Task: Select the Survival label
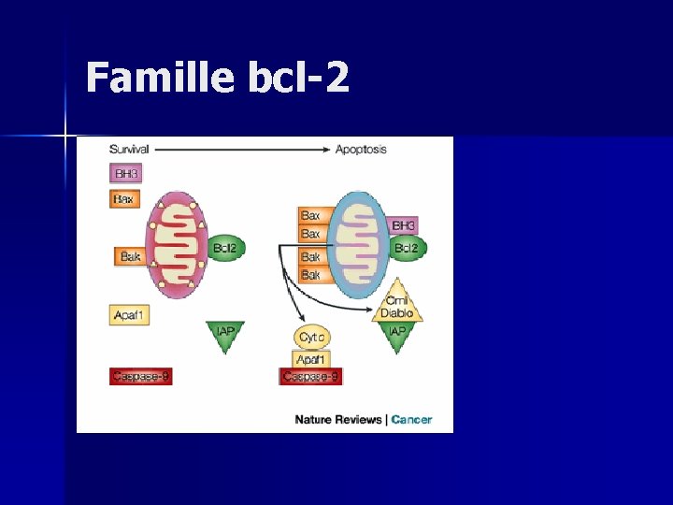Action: click(129, 150)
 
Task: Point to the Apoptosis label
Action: click(361, 150)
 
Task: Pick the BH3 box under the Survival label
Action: click(125, 174)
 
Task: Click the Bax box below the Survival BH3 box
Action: click(124, 198)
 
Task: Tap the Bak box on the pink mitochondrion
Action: click(130, 255)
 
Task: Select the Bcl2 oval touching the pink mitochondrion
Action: click(224, 248)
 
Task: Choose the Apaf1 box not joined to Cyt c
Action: click(129, 315)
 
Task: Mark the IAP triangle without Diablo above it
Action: click(225, 334)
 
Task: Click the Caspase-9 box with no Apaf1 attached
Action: click(140, 377)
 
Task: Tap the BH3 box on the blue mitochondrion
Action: click(404, 225)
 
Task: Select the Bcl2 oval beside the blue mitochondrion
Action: click(407, 248)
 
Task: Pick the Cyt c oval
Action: click(311, 338)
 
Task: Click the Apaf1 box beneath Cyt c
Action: click(311, 358)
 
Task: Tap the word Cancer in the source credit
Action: click(411, 420)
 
